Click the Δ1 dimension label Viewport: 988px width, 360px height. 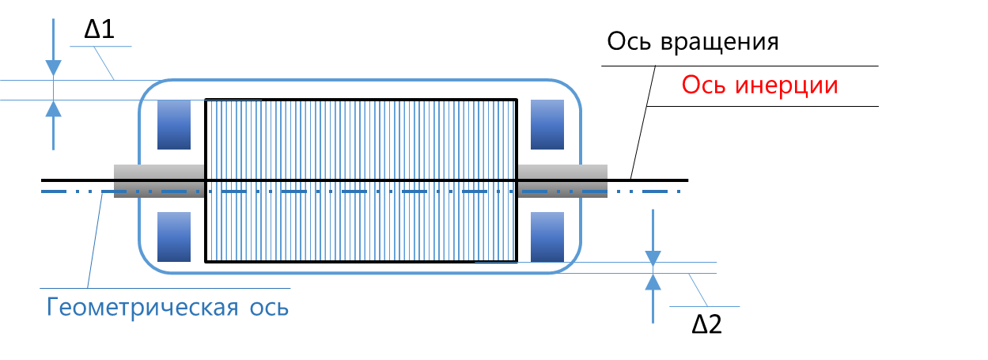[x=100, y=30]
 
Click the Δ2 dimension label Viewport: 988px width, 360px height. [x=706, y=324]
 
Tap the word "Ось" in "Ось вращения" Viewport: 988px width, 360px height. [x=629, y=41]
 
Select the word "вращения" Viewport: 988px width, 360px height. [x=720, y=41]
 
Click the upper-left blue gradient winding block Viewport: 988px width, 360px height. [x=174, y=124]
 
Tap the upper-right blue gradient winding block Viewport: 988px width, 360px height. [x=545, y=124]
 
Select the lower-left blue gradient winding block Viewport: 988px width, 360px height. [x=174, y=237]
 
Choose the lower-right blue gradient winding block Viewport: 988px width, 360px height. [x=545, y=237]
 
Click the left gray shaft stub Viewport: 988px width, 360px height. [x=159, y=181]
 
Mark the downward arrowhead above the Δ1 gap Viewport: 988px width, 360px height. [x=53, y=69]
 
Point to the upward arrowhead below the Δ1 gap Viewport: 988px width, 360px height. [x=53, y=108]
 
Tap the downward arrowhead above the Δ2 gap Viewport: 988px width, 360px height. [x=653, y=256]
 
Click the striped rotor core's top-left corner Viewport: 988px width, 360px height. [x=206, y=100]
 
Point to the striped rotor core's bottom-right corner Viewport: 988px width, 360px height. [x=517, y=261]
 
